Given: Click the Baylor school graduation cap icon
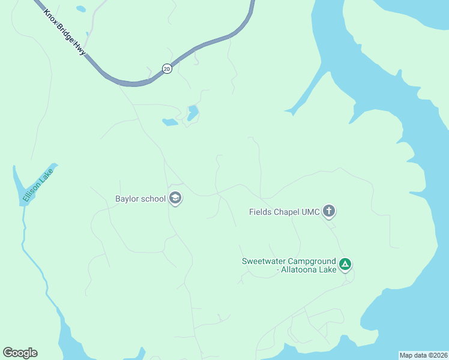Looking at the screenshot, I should (x=175, y=198).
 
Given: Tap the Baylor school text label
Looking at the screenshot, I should (x=140, y=199).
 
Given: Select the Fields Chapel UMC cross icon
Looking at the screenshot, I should (x=328, y=211).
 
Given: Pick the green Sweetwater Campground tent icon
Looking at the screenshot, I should (x=345, y=264).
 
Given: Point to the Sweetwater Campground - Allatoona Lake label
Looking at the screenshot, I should (x=289, y=266).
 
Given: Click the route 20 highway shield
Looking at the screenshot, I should (x=166, y=69).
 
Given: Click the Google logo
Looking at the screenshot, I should (x=20, y=353).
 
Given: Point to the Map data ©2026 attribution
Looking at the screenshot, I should (x=423, y=355).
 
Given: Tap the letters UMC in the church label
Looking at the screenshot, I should (x=311, y=211).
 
